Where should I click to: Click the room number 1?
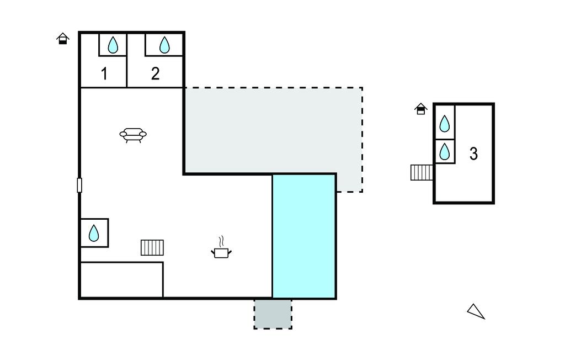[104, 74]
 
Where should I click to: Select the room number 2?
[155, 73]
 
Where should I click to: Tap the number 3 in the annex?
[473, 154]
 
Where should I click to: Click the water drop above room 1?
[113, 45]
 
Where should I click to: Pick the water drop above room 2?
[164, 45]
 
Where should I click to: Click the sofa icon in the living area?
[133, 135]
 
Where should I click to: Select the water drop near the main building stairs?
[94, 233]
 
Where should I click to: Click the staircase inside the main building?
[152, 247]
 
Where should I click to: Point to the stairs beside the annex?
[422, 172]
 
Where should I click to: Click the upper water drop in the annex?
[445, 124]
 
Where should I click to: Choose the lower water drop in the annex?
[445, 151]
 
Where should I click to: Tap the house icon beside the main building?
[63, 38]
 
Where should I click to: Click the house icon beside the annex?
[421, 109]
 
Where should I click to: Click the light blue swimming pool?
[304, 236]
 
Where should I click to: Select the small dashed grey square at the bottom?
[273, 314]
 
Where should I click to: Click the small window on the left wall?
[79, 186]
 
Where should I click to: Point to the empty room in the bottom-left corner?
[121, 280]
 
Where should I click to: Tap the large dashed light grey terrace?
[273, 130]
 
